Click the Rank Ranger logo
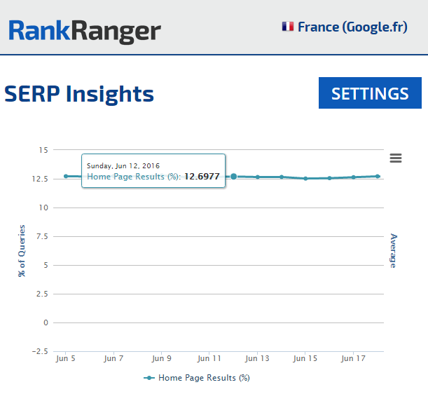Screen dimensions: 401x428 [x=84, y=30]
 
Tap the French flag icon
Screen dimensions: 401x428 [x=287, y=27]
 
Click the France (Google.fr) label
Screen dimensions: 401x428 [x=352, y=27]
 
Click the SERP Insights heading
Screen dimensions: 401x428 [x=79, y=93]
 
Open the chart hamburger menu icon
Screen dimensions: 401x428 [x=396, y=158]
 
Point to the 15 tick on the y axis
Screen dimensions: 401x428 [x=43, y=150]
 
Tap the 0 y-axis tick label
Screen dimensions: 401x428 [x=45, y=322]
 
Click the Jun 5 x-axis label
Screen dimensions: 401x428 [x=65, y=358]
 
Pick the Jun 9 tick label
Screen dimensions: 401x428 [x=161, y=358]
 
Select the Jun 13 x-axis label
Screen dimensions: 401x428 [x=257, y=358]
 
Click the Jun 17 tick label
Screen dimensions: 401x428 [x=352, y=358]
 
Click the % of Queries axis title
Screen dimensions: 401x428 [x=22, y=250]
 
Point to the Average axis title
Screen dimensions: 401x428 [x=393, y=250]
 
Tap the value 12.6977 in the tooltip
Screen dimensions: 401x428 [x=202, y=177]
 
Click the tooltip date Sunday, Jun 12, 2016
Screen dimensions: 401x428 [x=123, y=165]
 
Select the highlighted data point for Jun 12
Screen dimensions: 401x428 [x=233, y=177]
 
